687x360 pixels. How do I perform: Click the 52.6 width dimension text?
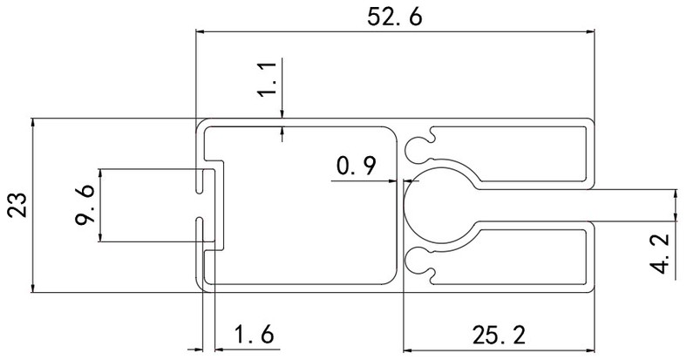click(397, 16)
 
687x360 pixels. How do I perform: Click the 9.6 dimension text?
click(85, 206)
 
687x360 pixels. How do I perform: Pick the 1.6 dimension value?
click(255, 334)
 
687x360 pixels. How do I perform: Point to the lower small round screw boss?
click(421, 259)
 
